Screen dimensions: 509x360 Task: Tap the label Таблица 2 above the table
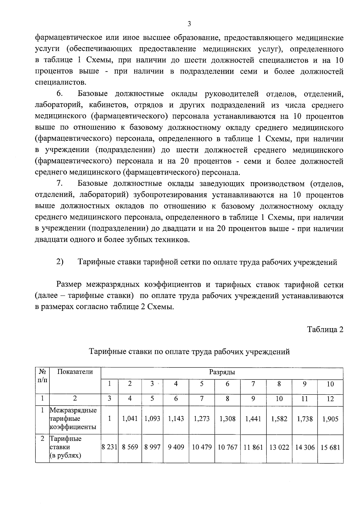pyautogui.click(x=325, y=329)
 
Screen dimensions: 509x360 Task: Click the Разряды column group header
pyautogui.click(x=222, y=372)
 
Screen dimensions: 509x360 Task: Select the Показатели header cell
pyautogui.click(x=75, y=372)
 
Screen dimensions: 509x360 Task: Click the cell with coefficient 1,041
pyautogui.click(x=130, y=419)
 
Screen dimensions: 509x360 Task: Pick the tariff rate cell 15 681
pyautogui.click(x=330, y=448)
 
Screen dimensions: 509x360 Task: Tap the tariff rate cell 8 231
pyautogui.click(x=109, y=447)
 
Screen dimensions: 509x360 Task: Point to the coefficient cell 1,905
pyautogui.click(x=330, y=419)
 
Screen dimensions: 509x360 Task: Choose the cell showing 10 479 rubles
pyautogui.click(x=202, y=448)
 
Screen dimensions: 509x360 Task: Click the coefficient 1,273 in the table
pyautogui.click(x=202, y=419)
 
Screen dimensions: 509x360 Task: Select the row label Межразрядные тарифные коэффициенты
pyautogui.click(x=73, y=418)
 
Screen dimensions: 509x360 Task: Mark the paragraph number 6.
pyautogui.click(x=59, y=94)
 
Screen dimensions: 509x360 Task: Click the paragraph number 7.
pyautogui.click(x=59, y=183)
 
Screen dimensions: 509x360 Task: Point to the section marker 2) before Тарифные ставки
pyautogui.click(x=60, y=262)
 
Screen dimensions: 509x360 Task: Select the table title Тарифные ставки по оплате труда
pyautogui.click(x=189, y=352)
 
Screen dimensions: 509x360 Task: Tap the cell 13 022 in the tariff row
pyautogui.click(x=279, y=448)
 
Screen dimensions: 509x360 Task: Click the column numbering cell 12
pyautogui.click(x=330, y=399)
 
